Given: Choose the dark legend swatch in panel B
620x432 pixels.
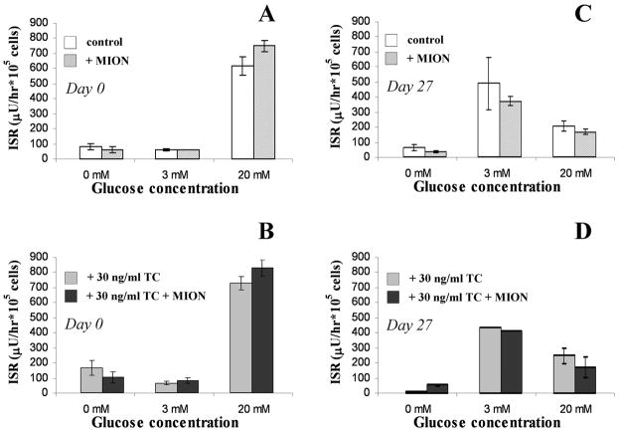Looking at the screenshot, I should tap(72, 295).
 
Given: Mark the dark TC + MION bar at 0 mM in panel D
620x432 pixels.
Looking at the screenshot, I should tap(448, 388).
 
